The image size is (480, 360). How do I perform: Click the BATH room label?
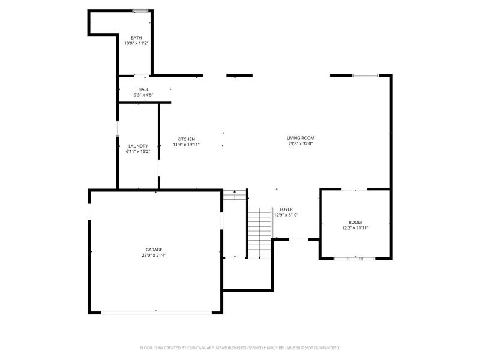[x=136, y=38]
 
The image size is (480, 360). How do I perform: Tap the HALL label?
[x=143, y=89]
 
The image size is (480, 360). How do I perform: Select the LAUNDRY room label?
[x=138, y=146]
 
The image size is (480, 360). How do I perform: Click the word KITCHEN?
[x=186, y=139]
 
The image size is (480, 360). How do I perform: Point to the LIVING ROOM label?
[x=301, y=138]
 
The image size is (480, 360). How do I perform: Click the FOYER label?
[x=286, y=209]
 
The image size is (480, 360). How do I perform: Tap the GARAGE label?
[x=154, y=250]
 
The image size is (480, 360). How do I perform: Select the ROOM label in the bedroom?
[x=355, y=222]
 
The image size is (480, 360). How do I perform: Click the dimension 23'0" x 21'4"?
[x=154, y=256]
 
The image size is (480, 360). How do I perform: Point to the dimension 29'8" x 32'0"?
[x=301, y=143]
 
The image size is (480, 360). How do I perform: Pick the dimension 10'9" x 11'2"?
[x=136, y=43]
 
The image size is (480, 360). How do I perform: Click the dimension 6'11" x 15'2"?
[x=138, y=152]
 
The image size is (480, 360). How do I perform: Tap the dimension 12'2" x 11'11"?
[x=355, y=228]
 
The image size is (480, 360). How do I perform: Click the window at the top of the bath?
[x=140, y=11]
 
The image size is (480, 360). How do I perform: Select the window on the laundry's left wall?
[x=117, y=128]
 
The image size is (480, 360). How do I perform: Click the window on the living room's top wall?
[x=365, y=76]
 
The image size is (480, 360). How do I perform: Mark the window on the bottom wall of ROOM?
[x=355, y=259]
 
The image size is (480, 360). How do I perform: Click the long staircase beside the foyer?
[x=260, y=233]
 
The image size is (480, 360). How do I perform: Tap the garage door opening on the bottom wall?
[x=157, y=313]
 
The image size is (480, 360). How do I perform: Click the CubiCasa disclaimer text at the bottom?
[x=240, y=348]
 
